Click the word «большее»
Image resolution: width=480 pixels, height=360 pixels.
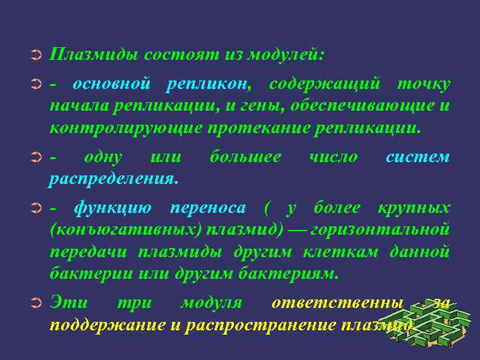coord(245,157)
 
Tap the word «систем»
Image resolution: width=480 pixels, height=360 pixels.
coord(418,157)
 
